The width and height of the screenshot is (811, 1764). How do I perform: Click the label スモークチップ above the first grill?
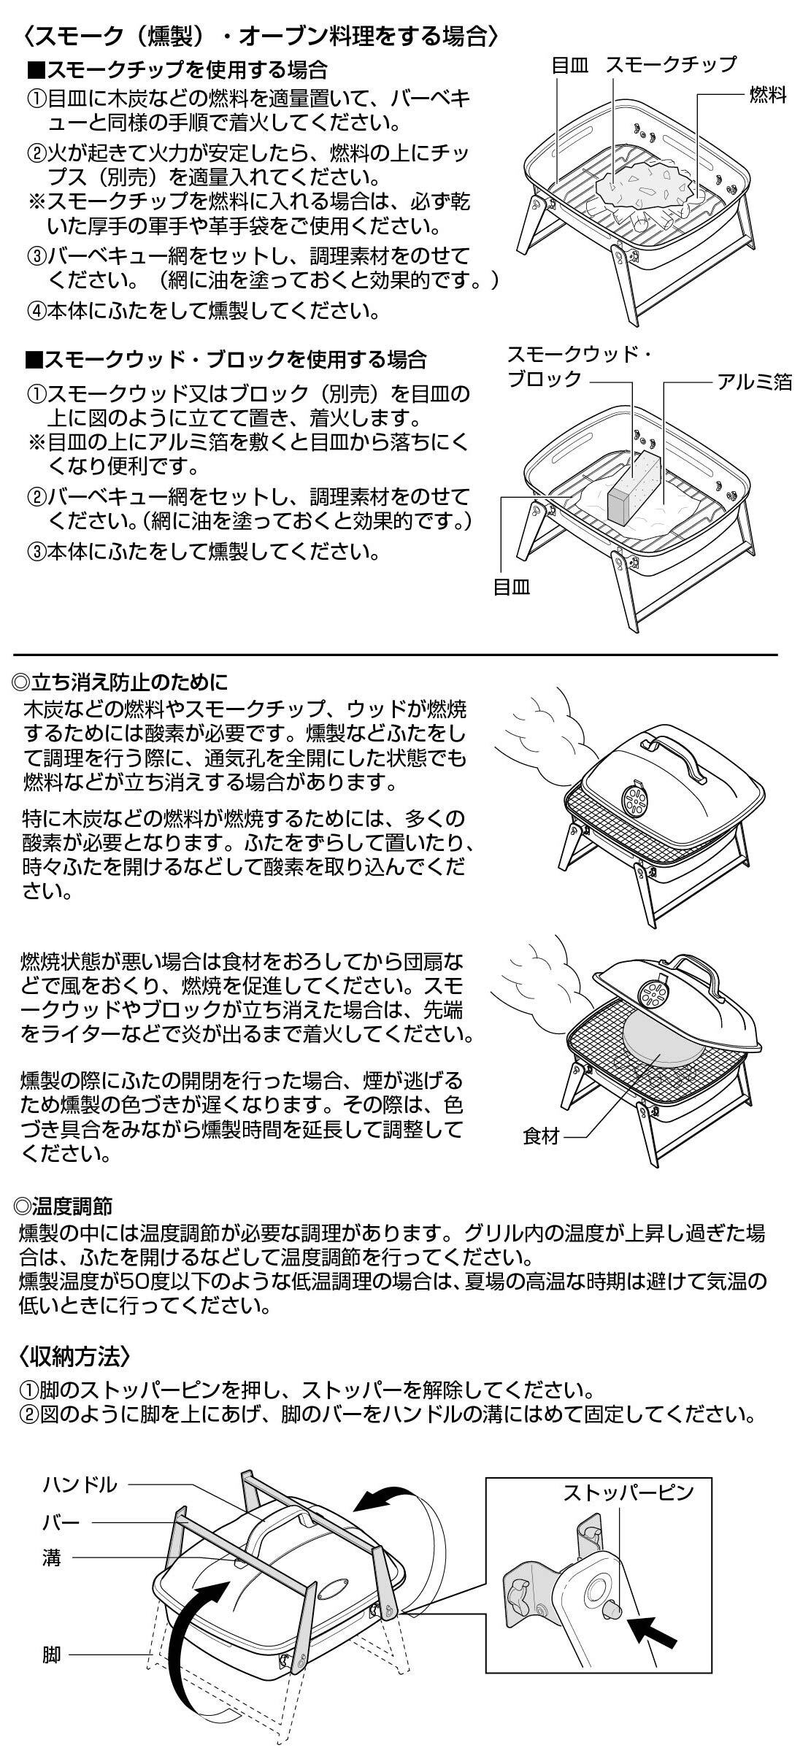(x=671, y=65)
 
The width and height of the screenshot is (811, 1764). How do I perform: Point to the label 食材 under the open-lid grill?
(x=541, y=1137)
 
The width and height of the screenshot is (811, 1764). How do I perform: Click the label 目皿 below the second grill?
(x=512, y=586)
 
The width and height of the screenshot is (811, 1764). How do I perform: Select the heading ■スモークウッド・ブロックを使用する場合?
(x=226, y=360)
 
